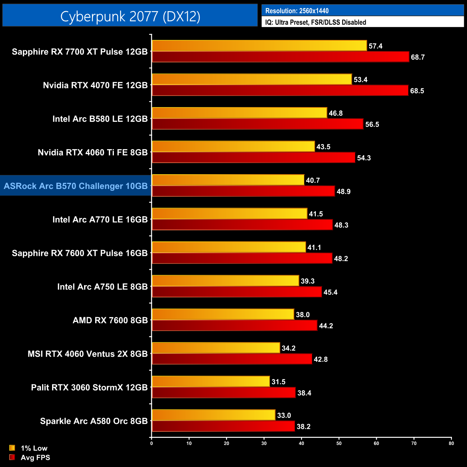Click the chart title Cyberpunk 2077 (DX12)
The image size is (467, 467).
click(x=130, y=17)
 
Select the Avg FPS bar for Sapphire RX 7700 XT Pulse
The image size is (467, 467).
click(x=280, y=57)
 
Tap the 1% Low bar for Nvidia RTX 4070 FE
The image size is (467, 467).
click(x=251, y=79)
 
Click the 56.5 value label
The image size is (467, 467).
click(x=372, y=124)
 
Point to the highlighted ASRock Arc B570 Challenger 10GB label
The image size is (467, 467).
click(x=76, y=186)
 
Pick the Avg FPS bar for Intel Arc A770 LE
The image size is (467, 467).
click(x=242, y=225)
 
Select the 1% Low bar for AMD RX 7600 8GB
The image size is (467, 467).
click(x=223, y=314)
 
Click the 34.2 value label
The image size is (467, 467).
click(x=288, y=348)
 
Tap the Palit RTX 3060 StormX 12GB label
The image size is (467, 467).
click(x=89, y=388)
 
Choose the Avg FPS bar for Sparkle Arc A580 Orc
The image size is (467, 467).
click(x=223, y=426)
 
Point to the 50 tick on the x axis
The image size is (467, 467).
click(x=339, y=443)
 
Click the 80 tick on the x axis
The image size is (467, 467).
click(x=451, y=443)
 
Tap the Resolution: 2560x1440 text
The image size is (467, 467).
click(x=297, y=11)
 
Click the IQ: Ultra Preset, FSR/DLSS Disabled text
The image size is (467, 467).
click(x=315, y=22)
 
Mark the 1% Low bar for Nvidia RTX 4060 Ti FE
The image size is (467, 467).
click(x=233, y=147)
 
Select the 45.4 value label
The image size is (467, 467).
click(x=330, y=292)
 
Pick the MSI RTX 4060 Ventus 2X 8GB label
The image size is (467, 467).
click(x=88, y=354)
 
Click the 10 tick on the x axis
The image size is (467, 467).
click(x=189, y=443)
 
